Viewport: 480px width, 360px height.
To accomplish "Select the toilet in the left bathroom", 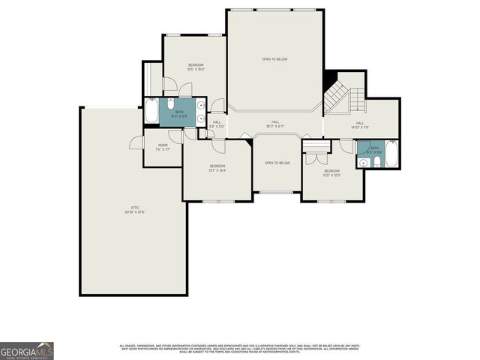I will [171, 103].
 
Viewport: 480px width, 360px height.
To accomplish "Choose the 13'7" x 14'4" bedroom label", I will [217, 168].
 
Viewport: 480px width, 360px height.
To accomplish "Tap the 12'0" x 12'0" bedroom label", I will [332, 173].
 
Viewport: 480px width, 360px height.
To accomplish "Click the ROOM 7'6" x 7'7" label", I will [163, 147].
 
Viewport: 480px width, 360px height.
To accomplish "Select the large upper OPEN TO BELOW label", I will [275, 59].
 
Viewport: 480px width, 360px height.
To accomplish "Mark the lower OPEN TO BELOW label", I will [277, 163].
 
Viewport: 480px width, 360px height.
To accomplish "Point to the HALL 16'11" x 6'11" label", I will [275, 124].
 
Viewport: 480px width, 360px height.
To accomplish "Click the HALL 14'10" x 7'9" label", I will [360, 125].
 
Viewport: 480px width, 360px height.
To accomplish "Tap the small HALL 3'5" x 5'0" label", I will [217, 124].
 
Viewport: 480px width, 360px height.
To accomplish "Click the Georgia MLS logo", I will [27, 350].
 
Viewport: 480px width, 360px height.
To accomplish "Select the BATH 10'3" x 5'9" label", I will [179, 114].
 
